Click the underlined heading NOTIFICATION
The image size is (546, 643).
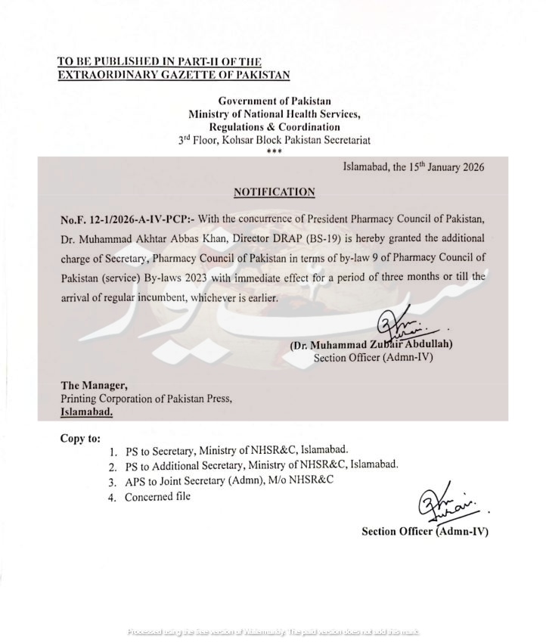point(274,192)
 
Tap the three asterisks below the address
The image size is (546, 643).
point(274,152)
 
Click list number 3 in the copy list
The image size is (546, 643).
point(112,481)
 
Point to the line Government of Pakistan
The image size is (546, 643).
point(274,101)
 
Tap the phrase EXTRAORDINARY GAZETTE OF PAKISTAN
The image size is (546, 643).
point(173,74)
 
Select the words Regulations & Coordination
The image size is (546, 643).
point(274,126)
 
